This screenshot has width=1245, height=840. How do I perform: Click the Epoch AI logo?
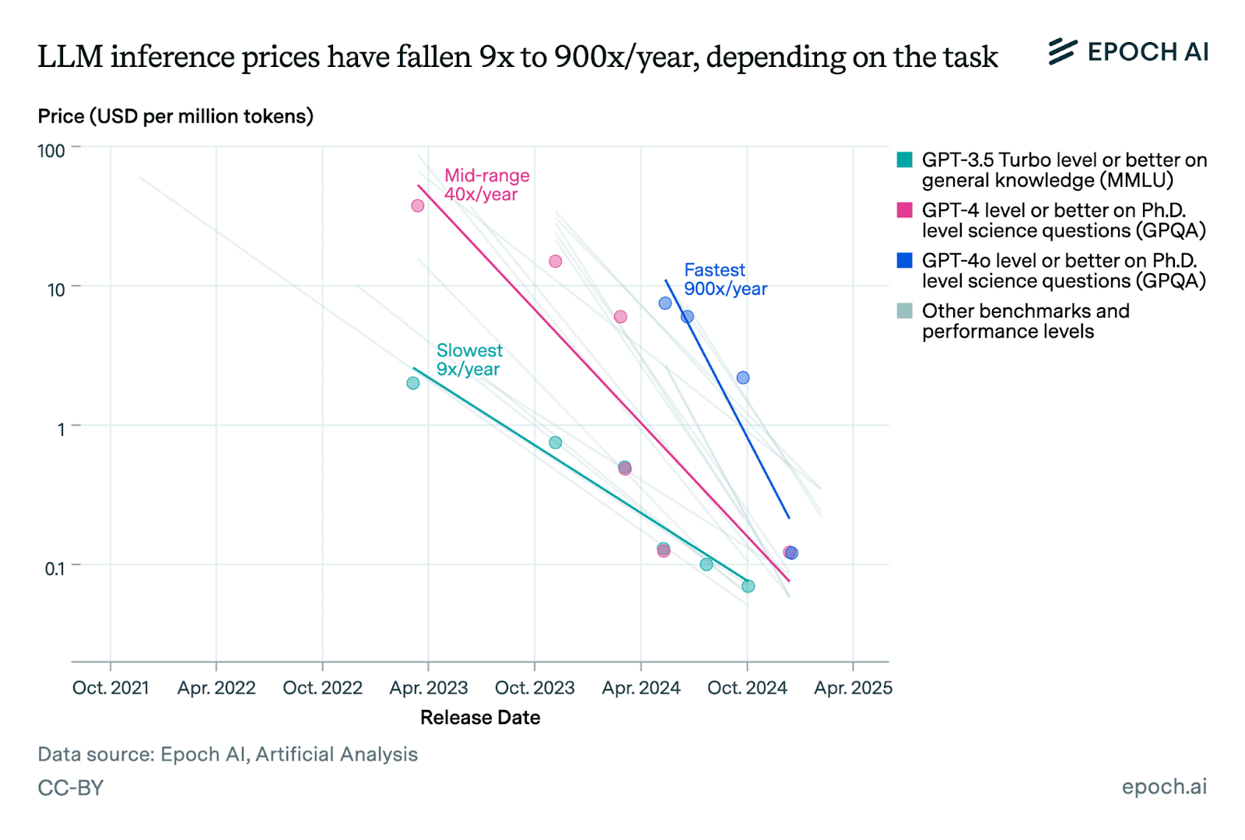click(x=1128, y=51)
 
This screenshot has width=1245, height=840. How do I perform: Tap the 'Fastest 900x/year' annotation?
click(x=725, y=279)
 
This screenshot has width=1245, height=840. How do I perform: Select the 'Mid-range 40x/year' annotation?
click(x=486, y=185)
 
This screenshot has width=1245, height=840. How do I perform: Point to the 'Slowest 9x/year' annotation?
click(x=469, y=360)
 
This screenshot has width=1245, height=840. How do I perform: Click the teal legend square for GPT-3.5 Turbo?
click(x=904, y=160)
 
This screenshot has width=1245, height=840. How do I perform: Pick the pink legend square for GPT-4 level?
click(x=904, y=210)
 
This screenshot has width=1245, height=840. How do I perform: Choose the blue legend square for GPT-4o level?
click(x=904, y=261)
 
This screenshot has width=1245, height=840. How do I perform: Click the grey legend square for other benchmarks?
click(x=904, y=311)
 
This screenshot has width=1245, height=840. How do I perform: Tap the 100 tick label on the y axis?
click(x=51, y=150)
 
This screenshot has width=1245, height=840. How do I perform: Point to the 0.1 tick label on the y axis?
click(x=54, y=568)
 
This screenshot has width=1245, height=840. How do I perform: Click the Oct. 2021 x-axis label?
click(x=110, y=688)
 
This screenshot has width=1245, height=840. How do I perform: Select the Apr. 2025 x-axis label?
click(x=853, y=688)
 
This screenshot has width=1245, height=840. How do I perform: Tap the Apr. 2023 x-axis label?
click(x=429, y=688)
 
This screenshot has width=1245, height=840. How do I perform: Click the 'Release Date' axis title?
click(x=480, y=718)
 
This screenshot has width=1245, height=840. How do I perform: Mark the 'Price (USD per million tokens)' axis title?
click(x=176, y=117)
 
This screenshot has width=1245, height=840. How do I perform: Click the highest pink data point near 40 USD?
click(x=418, y=206)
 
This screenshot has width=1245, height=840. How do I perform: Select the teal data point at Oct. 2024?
click(x=748, y=586)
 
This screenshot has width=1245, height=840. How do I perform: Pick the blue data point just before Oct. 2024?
click(x=743, y=378)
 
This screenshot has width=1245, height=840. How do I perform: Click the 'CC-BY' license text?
click(x=71, y=788)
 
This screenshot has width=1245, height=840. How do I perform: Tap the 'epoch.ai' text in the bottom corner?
click(x=1164, y=787)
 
